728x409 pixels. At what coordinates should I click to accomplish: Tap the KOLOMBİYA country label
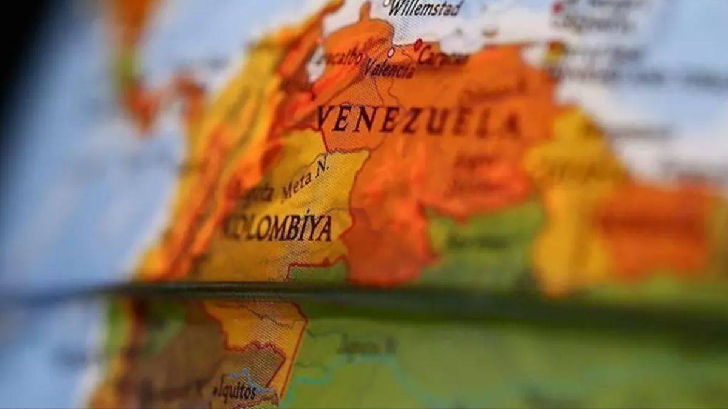point(278,228)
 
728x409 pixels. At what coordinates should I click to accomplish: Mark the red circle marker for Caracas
point(418,44)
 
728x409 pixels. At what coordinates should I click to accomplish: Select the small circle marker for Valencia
point(391,53)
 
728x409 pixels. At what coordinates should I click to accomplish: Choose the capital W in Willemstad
point(395,8)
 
